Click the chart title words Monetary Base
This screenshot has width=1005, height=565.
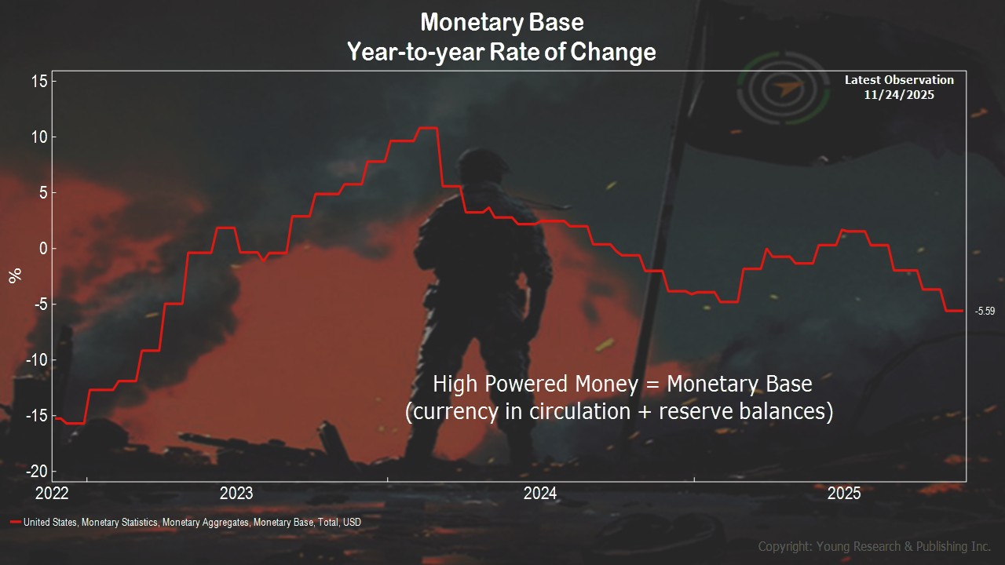[x=502, y=23]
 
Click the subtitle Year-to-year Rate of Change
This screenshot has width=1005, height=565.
[x=502, y=52]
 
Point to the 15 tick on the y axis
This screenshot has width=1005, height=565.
[x=39, y=81]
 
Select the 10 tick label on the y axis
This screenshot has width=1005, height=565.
[x=39, y=137]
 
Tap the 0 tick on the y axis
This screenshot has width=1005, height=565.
[x=43, y=249]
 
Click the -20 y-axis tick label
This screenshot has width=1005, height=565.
[x=37, y=472]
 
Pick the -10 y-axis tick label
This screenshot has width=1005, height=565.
[x=37, y=359]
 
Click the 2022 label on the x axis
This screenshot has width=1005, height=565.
[x=52, y=494]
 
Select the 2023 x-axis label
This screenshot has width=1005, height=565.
[x=236, y=494]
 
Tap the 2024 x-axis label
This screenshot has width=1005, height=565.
[x=540, y=494]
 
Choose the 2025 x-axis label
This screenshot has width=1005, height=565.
[x=844, y=494]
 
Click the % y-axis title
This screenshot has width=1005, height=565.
[x=15, y=275]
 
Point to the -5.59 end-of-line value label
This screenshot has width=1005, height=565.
[x=985, y=311]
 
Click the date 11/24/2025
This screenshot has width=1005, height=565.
[x=899, y=95]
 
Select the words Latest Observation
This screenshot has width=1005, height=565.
[x=899, y=80]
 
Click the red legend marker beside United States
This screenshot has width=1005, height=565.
[x=16, y=522]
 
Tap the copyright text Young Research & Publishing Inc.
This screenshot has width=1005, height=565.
[x=903, y=547]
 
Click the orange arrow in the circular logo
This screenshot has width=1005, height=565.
[x=787, y=88]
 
